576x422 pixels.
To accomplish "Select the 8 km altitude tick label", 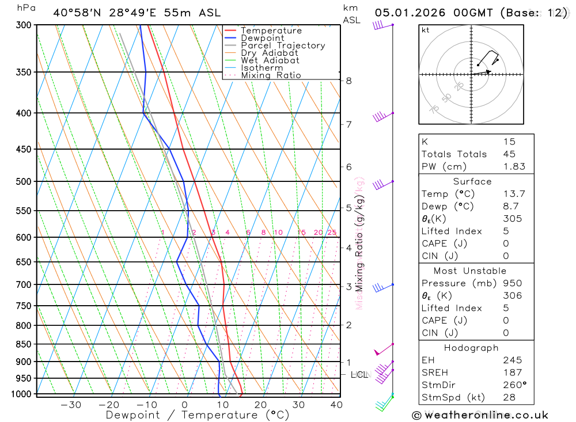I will pos(348,81).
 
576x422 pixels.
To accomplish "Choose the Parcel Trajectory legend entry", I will pos(282,45).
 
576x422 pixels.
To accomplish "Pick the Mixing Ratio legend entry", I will pos(271,75).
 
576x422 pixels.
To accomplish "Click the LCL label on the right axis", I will pos(359,375).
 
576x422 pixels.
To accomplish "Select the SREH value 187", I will pos(512,372).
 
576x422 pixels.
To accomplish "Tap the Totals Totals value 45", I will pos(509,154).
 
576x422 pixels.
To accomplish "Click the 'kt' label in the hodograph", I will pos(426,30).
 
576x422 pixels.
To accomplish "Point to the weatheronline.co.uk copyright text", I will pos(480,415).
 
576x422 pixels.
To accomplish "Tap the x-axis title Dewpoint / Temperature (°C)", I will pos(198,415).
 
